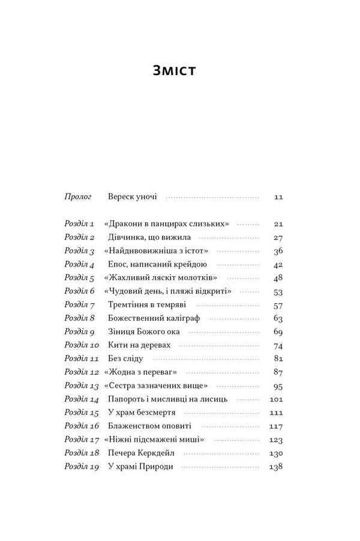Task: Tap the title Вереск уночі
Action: pyautogui.click(x=133, y=196)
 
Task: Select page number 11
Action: pyautogui.click(x=277, y=196)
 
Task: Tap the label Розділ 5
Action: pyautogui.click(x=80, y=278)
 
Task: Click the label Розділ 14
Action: pyautogui.click(x=82, y=399)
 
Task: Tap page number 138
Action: pyautogui.click(x=275, y=467)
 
